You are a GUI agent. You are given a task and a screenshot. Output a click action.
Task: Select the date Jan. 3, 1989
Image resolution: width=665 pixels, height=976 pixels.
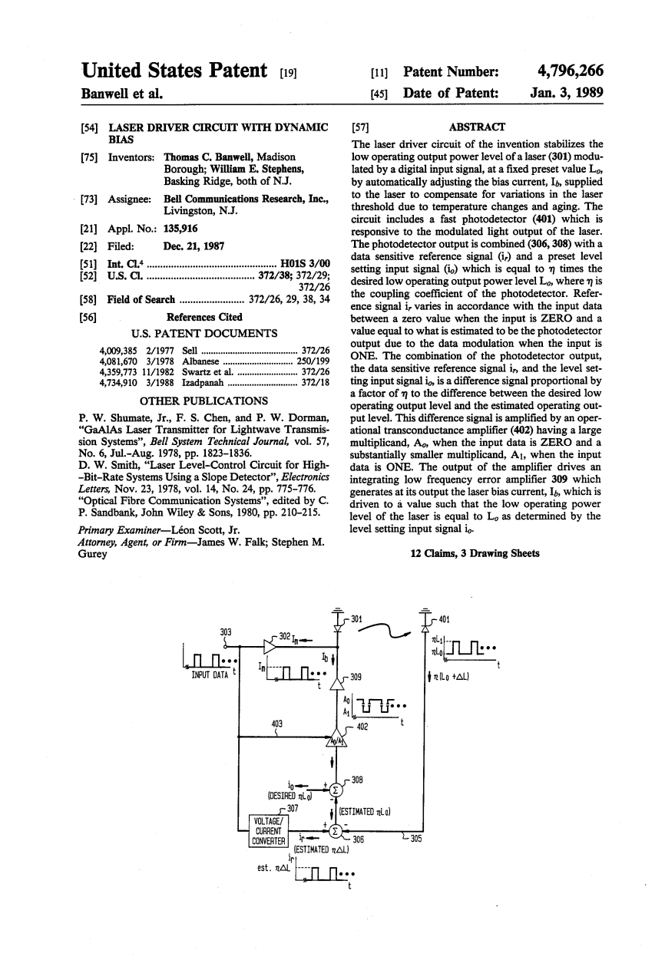point(566,94)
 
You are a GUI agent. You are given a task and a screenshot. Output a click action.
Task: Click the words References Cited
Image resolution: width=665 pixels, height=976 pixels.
point(204,317)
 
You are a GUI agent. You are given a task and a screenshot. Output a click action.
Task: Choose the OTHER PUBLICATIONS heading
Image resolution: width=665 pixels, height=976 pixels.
point(203,401)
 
